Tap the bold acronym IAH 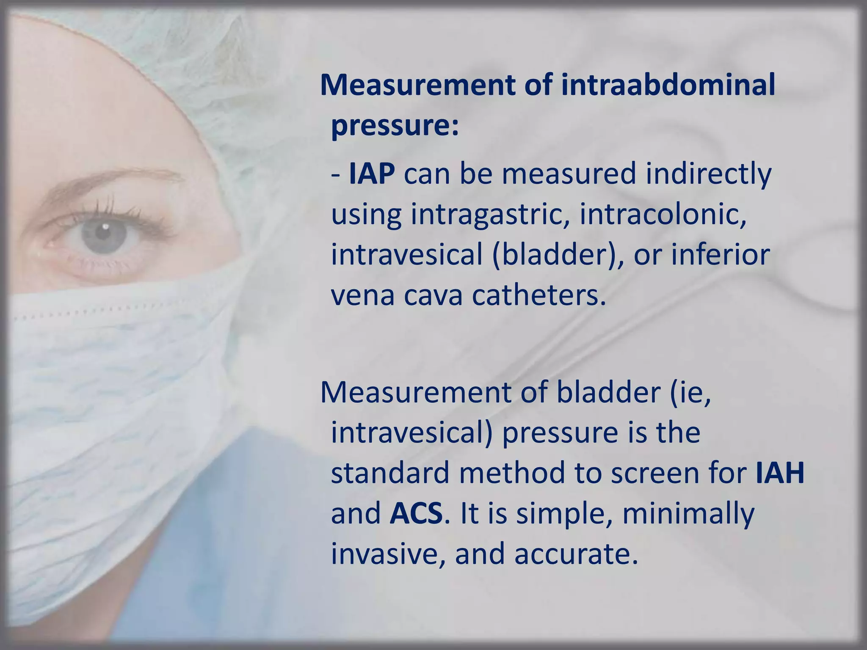[x=780, y=473]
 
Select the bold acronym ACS [x=416, y=513]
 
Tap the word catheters [x=539, y=295]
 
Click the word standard [x=390, y=473]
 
